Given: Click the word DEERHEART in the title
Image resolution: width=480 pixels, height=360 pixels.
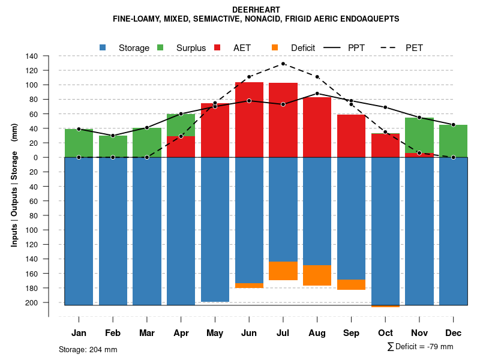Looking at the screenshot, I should pos(256,10).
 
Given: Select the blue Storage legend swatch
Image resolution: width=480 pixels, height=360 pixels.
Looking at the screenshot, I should pos(103,47).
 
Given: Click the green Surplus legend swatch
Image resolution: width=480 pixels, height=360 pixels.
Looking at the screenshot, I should pos(160,47).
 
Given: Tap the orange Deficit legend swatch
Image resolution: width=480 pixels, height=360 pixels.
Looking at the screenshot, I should pos(275,47).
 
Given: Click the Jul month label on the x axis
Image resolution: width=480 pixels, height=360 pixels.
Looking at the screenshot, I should pos(283,333).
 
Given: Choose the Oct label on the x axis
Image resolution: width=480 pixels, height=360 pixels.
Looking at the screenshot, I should pos(385,333).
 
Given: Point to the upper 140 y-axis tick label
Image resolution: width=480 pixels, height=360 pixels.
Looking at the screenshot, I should pos(32,56).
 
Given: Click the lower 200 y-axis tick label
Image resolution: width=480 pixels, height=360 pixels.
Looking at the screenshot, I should pos(32,302).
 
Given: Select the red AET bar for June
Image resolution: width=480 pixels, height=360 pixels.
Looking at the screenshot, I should pos(249,120).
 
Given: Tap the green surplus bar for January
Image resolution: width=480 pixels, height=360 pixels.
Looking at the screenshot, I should pos(79,143).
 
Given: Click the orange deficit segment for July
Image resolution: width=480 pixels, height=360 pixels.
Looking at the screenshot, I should pos(283,271).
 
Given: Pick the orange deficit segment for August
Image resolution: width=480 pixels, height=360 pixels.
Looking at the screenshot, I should pos(317,275).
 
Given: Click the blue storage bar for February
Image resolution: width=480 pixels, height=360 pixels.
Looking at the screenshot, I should pos(113,231).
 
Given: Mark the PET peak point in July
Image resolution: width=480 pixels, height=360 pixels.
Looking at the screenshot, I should pos(283,64).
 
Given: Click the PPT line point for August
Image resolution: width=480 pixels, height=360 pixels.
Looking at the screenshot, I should pos(317,94).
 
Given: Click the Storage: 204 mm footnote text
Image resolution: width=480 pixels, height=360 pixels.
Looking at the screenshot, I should pos(88,349).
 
